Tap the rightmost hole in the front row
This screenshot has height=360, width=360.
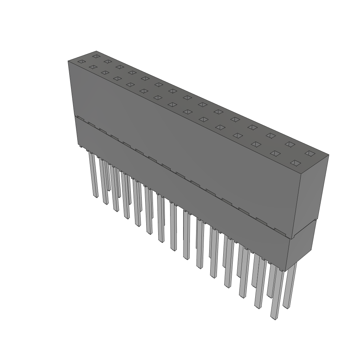[x=296, y=163]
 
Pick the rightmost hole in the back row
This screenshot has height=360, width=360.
[x=310, y=153]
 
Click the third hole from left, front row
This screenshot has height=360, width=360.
[x=105, y=72]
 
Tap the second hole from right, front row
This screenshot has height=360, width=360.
[x=275, y=153]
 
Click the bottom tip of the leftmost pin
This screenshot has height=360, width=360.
[x=95, y=196]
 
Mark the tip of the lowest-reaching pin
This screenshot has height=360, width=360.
[x=274, y=318]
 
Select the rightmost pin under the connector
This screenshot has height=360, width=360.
[x=290, y=285]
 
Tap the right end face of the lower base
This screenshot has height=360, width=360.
[x=301, y=246]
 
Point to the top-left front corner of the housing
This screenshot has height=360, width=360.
[x=68, y=61]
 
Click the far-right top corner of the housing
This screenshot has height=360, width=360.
[x=328, y=154]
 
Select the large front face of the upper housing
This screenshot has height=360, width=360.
[x=183, y=141]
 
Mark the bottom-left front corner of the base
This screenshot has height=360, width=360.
[x=78, y=144]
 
